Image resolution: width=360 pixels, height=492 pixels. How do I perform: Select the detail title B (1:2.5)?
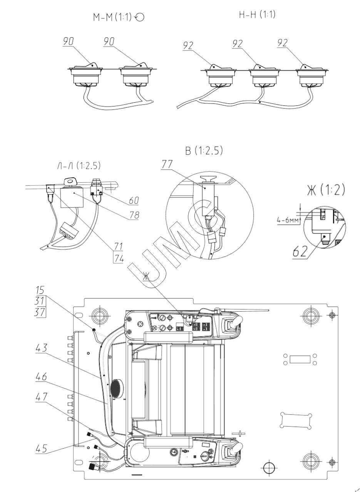point(204,151)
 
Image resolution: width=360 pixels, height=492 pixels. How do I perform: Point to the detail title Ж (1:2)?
point(326,190)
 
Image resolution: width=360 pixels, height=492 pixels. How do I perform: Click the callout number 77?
point(167,164)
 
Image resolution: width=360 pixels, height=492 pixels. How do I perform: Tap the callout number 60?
point(134,200)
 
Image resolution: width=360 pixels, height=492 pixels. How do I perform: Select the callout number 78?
point(134,215)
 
